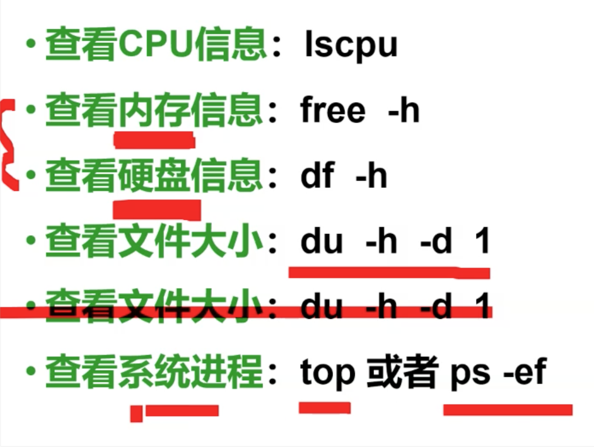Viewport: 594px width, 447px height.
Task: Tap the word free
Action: click(333, 110)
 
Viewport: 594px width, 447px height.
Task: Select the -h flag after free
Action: click(404, 110)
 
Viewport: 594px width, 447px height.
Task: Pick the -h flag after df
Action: click(371, 175)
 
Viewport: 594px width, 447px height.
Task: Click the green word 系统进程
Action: click(190, 372)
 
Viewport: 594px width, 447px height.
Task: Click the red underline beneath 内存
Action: click(154, 140)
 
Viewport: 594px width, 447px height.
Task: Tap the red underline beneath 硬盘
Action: click(157, 209)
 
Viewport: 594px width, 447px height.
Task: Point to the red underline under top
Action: click(325, 407)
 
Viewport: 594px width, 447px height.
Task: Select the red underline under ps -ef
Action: click(508, 410)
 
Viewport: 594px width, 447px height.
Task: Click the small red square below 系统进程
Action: click(136, 413)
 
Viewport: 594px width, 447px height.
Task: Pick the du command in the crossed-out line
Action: click(321, 306)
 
